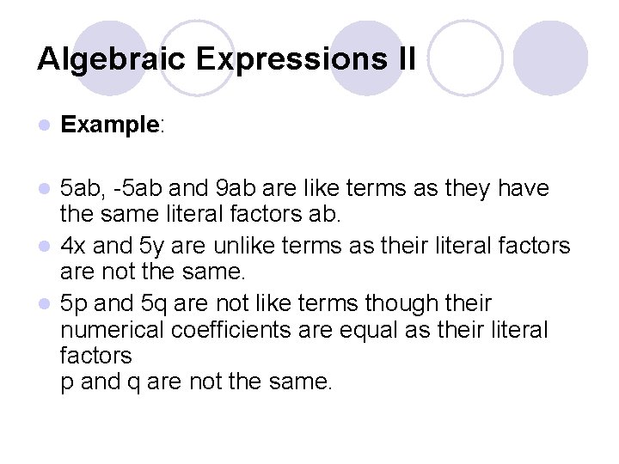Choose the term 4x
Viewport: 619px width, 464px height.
coord(75,247)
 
